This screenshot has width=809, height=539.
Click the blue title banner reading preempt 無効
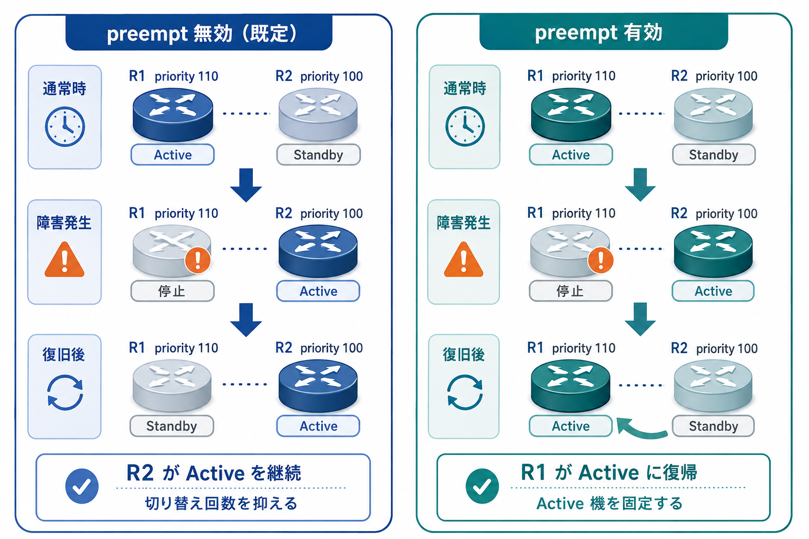199,33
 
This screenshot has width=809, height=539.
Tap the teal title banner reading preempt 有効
604,32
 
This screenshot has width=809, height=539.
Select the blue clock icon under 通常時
65,126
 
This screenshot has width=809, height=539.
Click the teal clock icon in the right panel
465,126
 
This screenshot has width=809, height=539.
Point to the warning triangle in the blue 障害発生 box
65,260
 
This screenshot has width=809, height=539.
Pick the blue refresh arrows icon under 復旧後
65,393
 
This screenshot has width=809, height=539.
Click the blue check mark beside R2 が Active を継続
82,486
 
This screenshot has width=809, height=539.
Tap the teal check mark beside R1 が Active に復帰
482,486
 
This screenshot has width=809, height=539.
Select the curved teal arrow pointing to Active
640,429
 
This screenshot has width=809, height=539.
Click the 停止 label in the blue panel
172,291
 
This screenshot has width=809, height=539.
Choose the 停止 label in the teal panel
570,291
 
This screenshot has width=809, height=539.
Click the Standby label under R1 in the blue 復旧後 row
172,426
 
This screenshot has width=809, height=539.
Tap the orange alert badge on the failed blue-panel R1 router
198,260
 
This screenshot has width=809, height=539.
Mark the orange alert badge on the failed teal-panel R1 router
600,260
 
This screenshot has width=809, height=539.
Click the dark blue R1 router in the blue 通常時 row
173,115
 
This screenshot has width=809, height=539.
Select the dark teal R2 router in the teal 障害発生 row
713,251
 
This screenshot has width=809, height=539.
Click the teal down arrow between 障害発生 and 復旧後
640,320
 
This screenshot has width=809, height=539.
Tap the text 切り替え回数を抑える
221,503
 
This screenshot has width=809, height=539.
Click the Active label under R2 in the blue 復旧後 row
318,426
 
